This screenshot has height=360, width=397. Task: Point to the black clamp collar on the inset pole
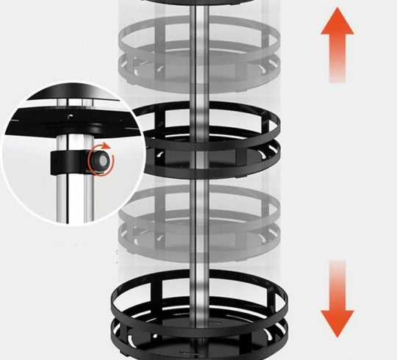[66, 158]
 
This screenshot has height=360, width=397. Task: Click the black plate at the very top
[198, 4]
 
